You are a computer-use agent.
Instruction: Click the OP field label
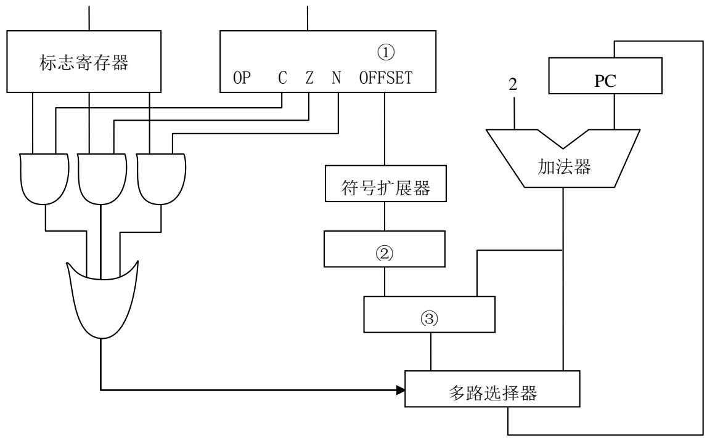242,78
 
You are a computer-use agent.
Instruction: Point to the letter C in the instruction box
282,78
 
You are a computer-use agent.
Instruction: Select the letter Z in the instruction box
309,78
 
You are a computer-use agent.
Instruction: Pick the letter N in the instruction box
337,78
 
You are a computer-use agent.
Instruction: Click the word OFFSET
386,78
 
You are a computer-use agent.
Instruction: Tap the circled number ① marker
385,52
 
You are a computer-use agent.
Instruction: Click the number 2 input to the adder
513,84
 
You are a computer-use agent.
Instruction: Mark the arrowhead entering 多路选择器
401,390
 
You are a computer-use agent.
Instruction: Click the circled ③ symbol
429,318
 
